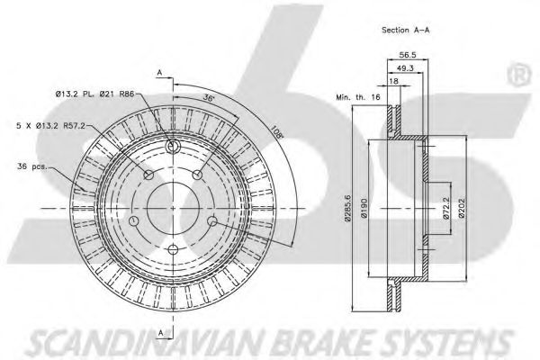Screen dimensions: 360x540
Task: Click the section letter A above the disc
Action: pyautogui.click(x=159, y=71)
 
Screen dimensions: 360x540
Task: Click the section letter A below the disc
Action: pyautogui.click(x=160, y=332)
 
